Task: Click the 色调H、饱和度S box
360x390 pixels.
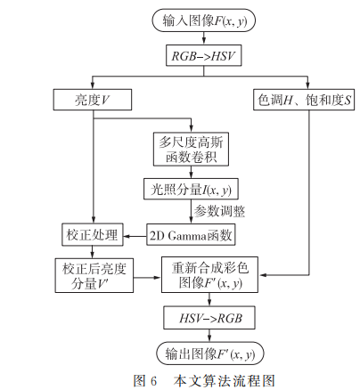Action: click(x=304, y=99)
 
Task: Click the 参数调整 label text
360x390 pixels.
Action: click(x=222, y=212)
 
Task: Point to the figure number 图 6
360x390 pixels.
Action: click(x=144, y=380)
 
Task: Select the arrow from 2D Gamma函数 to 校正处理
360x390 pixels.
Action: click(x=134, y=236)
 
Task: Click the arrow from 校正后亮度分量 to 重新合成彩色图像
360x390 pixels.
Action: click(x=146, y=275)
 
